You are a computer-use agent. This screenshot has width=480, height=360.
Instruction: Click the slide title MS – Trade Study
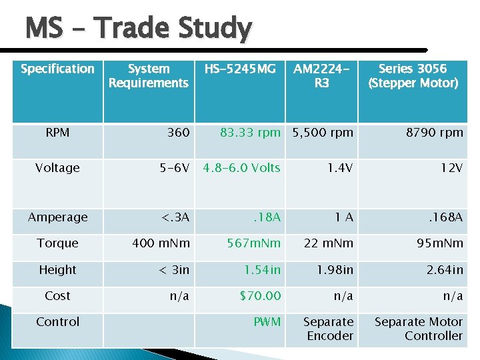click(138, 29)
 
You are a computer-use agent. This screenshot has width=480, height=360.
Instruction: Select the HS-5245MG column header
click(239, 69)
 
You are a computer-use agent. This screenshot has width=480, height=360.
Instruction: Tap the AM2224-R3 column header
click(321, 75)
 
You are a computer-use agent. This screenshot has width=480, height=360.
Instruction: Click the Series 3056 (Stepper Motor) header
click(413, 75)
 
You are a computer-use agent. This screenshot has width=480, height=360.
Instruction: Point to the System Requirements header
click(148, 75)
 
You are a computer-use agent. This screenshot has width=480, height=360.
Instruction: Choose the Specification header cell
click(57, 69)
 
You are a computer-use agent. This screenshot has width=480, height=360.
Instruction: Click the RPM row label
click(57, 133)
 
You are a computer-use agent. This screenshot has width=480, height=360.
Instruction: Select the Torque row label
click(57, 243)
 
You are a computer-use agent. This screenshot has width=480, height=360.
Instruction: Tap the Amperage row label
click(57, 217)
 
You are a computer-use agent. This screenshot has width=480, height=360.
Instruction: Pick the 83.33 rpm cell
click(250, 133)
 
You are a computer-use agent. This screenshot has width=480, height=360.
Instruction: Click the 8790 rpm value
click(434, 133)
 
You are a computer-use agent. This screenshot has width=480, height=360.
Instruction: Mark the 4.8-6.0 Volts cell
click(241, 168)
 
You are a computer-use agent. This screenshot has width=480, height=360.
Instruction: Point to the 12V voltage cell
click(451, 168)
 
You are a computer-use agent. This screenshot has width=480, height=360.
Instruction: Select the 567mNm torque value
click(254, 243)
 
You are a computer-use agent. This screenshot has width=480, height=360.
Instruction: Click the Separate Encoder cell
click(329, 329)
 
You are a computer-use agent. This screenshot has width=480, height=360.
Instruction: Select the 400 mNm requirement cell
click(161, 243)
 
